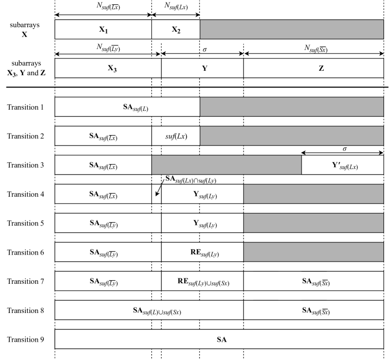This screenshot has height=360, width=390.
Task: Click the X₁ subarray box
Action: click(103, 29)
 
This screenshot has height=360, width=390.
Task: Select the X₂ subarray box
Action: click(175, 29)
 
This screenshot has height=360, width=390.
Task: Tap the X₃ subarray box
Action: click(108, 69)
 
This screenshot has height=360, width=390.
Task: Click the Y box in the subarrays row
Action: click(202, 69)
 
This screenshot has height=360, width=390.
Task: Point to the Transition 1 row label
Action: click(26, 107)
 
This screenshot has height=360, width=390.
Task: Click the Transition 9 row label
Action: click(26, 339)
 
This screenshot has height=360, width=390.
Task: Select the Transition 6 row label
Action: click(26, 252)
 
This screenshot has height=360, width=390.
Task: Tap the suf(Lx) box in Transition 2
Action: click(175, 136)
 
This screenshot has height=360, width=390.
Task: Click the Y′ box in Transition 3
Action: click(343, 165)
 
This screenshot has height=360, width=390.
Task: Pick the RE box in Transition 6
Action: click(202, 252)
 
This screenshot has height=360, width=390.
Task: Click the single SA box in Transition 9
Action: click(219, 339)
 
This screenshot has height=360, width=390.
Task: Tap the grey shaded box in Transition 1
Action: click(292, 107)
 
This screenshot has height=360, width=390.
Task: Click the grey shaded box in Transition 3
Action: click(226, 165)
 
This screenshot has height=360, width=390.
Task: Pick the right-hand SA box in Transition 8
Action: click(313, 311)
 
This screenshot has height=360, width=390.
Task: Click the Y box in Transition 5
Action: click(202, 223)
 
